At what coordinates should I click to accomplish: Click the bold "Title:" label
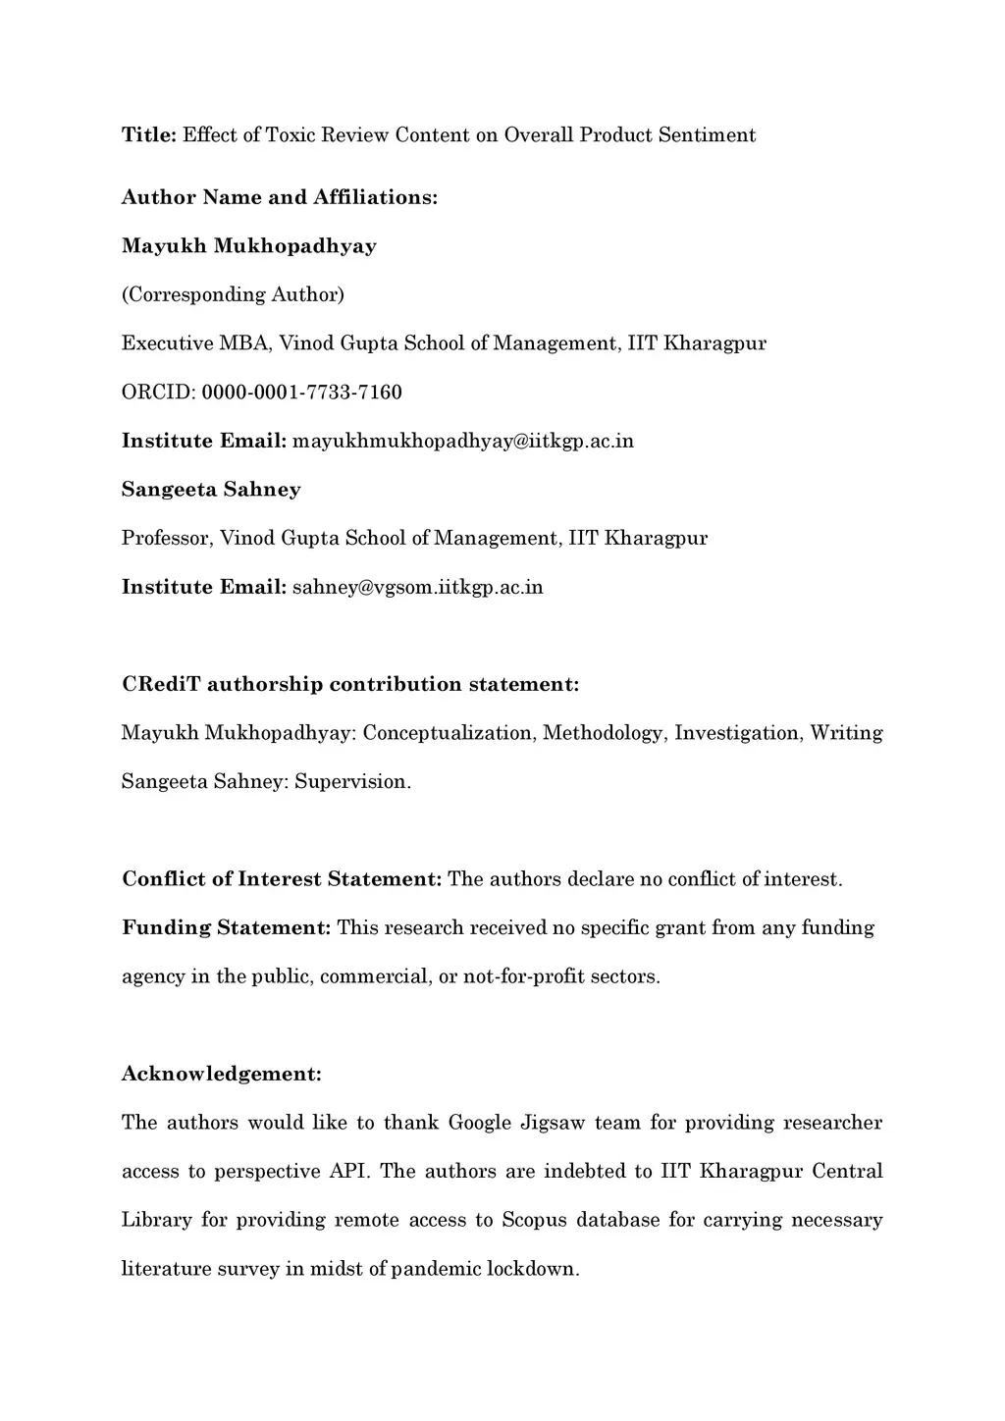(148, 135)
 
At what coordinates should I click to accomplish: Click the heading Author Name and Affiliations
(279, 197)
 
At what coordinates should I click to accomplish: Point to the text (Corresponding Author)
(233, 294)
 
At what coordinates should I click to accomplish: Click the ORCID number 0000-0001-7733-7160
(301, 393)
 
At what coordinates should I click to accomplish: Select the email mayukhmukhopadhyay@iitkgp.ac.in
(463, 442)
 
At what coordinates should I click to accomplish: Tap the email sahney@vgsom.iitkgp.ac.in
(417, 588)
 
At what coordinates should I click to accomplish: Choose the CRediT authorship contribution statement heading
(350, 684)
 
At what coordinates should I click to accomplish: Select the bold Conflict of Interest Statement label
(282, 879)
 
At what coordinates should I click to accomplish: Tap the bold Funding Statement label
(226, 928)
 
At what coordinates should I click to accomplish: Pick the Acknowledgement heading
(221, 1075)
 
